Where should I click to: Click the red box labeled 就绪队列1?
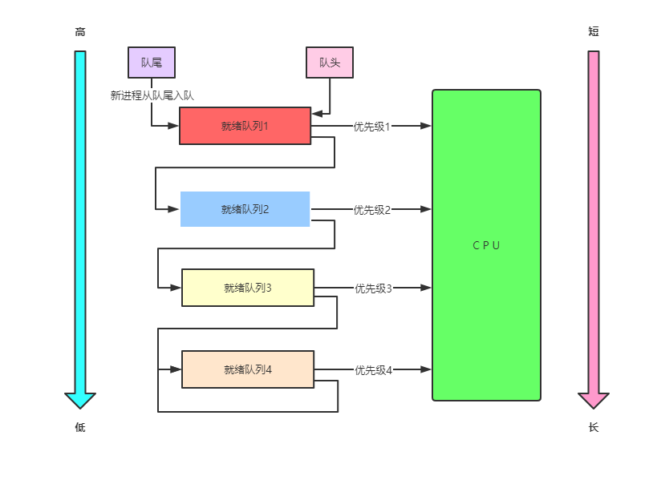coord(245,126)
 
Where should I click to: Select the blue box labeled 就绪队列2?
coord(245,209)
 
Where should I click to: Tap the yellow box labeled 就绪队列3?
coord(247,288)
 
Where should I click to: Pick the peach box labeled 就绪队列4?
coord(247,369)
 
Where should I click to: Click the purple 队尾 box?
coord(152,62)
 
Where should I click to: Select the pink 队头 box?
coord(329,63)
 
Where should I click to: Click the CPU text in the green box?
coord(486,245)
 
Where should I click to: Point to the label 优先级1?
coord(371,127)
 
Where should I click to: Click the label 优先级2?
coord(372,210)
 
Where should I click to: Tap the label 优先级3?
coord(373,288)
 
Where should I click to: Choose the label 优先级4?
coord(373,370)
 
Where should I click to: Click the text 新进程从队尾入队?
coord(152,95)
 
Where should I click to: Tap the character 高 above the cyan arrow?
coord(80,32)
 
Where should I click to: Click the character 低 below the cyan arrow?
coord(80,428)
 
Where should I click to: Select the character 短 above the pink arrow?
coord(594,32)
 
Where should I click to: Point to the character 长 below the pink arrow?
coord(594,428)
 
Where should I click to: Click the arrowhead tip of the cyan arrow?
coord(80,406)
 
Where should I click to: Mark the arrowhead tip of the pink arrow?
coord(594,406)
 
